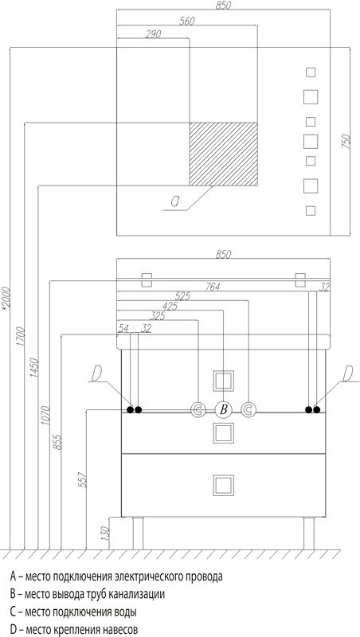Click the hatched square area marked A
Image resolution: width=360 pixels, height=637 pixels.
pos(224,154)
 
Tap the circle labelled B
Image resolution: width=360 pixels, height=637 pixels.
pos(223,410)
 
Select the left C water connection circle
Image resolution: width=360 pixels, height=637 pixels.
pos(198,410)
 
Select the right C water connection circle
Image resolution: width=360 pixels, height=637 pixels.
pos(248,410)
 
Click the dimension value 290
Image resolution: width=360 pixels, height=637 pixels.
pos(153,34)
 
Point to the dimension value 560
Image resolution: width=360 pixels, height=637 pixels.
pos(187,21)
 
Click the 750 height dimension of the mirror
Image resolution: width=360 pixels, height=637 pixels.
pos(346,141)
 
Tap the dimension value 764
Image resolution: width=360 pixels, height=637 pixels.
pos(212,287)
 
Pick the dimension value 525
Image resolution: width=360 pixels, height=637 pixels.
pos(182,296)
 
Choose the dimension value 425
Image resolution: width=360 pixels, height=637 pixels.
pos(170,307)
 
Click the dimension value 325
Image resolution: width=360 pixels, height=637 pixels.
pos(157,315)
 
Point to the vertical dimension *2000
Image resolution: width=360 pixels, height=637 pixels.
pos(6,299)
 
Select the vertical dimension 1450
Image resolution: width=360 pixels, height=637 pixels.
pos(33,369)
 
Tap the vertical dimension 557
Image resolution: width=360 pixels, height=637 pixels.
pos(83,480)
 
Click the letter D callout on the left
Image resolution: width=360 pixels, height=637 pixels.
pos(96,373)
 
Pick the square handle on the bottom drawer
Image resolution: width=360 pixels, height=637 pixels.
pos(224,485)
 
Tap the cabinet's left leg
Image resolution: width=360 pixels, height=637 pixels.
pos(138,533)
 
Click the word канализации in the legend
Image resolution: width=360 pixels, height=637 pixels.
pos(138,594)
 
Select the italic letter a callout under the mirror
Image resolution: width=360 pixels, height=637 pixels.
pos(174,201)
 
